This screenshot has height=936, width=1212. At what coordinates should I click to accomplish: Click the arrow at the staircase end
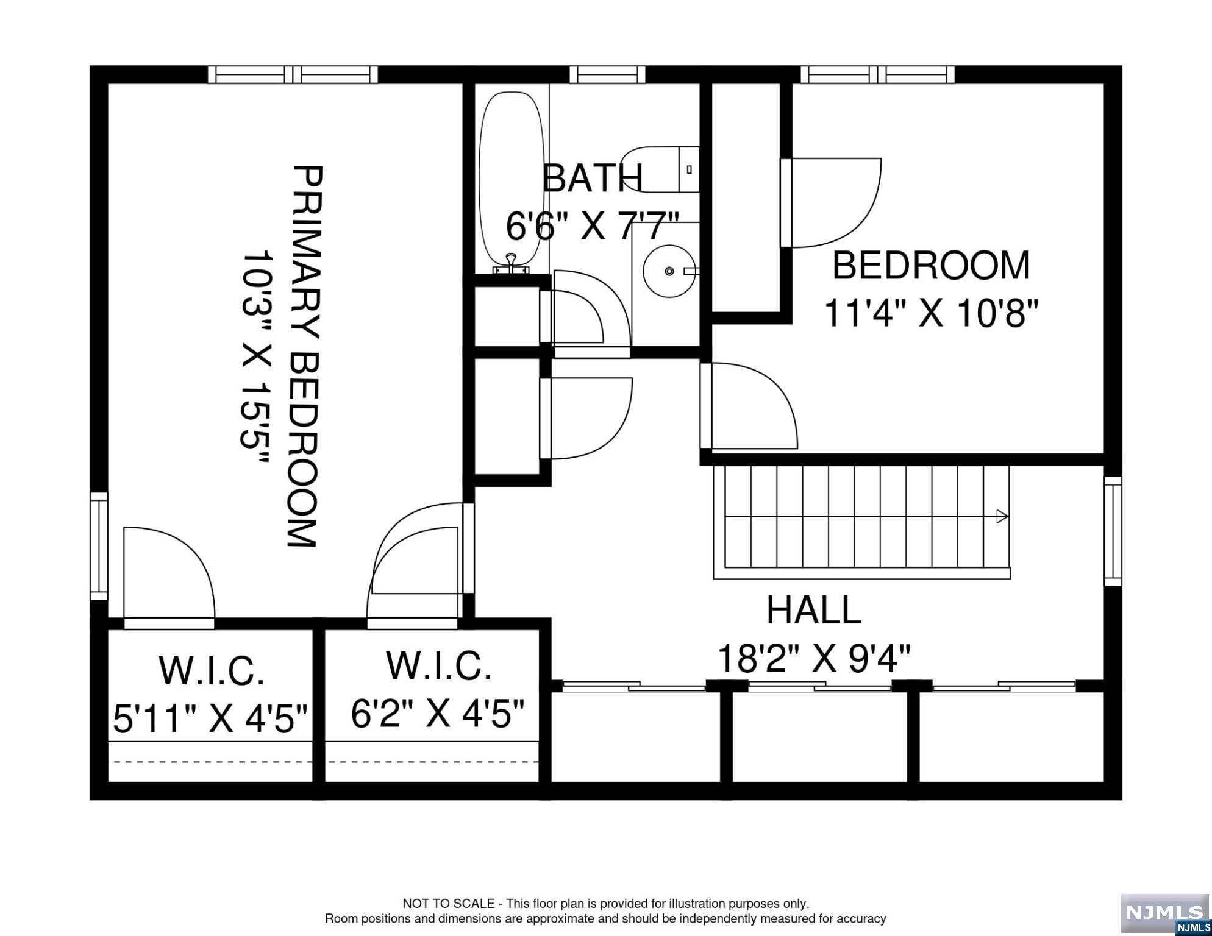[1002, 517]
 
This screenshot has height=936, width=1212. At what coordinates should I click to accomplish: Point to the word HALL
[814, 610]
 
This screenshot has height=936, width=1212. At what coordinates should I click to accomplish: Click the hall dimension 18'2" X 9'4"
[814, 658]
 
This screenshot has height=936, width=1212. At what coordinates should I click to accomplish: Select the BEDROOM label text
[931, 266]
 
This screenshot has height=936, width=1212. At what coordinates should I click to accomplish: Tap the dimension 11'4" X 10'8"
[931, 313]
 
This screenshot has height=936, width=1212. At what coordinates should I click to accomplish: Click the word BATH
[592, 178]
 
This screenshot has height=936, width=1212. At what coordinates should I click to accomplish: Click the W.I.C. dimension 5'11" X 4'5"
[211, 718]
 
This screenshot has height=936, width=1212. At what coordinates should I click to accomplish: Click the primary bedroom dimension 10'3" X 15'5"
[255, 357]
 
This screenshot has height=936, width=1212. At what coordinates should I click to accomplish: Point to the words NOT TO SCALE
[449, 904]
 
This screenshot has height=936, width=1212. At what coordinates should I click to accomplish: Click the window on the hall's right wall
[1113, 531]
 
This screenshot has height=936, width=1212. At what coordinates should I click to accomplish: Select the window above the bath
[607, 75]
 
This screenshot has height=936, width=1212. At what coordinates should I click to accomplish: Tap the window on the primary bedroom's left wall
[99, 546]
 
